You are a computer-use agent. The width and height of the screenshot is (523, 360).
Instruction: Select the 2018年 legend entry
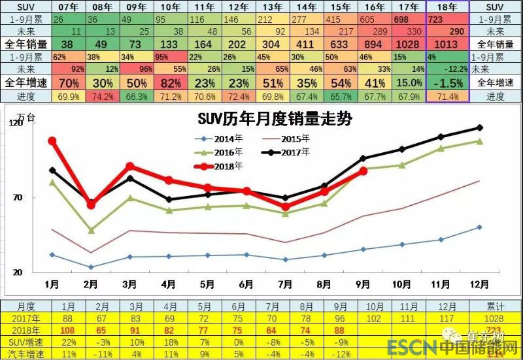pyautogui.click(x=229, y=166)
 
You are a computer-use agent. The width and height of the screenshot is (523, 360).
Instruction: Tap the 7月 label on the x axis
pyautogui.click(x=285, y=284)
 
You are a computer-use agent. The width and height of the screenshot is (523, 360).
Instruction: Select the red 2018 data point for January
pyautogui.click(x=52, y=140)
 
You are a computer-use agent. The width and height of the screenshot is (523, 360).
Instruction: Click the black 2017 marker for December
pyautogui.click(x=480, y=127)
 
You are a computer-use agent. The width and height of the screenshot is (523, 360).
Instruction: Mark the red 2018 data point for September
pyautogui.click(x=363, y=171)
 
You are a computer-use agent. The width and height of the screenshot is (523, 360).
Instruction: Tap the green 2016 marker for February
pyautogui.click(x=91, y=230)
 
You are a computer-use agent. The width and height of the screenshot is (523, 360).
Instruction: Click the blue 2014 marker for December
pyautogui.click(x=480, y=227)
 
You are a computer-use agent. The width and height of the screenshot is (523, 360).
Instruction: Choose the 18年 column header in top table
pyautogui.click(x=447, y=7)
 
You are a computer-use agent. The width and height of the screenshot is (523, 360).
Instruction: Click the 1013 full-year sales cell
pyautogui.click(x=447, y=44)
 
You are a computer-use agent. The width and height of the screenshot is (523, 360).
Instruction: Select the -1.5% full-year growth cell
pyautogui.click(x=447, y=83)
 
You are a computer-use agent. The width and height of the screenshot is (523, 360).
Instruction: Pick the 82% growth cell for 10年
pyautogui.click(x=171, y=83)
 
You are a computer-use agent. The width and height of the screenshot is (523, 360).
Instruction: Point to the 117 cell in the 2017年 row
pyautogui.click(x=448, y=318)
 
